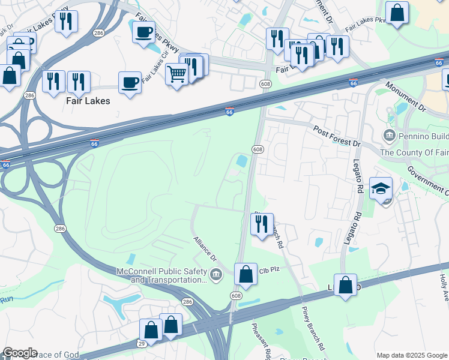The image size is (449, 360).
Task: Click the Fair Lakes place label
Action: (88, 101)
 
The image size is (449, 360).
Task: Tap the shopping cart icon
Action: (177, 75)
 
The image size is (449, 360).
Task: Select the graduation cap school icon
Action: (381, 189)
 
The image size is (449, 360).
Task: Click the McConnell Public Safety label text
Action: (162, 275)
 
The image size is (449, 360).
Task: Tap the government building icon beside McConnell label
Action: (217, 275)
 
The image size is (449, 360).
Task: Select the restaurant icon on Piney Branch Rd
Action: (262, 224)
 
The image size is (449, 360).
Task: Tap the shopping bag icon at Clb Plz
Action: (246, 274)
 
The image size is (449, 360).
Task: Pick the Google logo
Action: (20, 353)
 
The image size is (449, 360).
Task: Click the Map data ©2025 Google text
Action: (412, 355)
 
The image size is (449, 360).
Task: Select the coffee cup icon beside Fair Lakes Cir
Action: (130, 83)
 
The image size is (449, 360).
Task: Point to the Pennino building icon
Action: (389, 135)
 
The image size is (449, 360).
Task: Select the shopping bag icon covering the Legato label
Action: (346, 285)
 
